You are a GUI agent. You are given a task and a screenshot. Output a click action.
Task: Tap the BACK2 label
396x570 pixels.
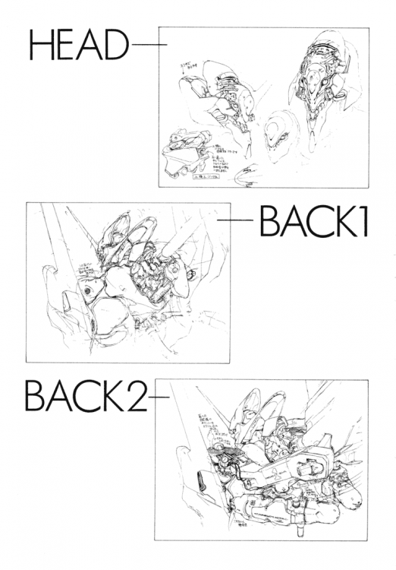(x=86, y=397)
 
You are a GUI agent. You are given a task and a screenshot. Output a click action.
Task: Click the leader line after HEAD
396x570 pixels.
(x=148, y=45)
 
